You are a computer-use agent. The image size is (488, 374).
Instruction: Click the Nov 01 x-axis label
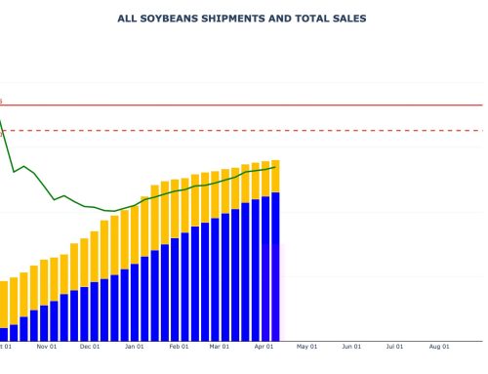46,346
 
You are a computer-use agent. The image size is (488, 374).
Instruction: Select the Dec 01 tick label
90,346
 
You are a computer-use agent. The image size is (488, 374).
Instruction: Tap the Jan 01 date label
135,346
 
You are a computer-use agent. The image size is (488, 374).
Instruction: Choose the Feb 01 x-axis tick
180,346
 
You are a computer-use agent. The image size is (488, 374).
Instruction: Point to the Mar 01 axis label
221,346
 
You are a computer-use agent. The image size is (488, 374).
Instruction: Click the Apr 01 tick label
264,346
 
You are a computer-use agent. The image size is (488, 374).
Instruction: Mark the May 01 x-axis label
308,346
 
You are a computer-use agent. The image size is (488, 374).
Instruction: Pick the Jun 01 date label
352,346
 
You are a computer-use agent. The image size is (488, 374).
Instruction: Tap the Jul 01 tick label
395,346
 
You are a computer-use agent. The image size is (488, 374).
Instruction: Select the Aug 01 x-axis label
440,346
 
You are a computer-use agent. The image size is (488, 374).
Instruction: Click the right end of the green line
276,166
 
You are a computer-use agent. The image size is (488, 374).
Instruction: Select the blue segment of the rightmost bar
276,264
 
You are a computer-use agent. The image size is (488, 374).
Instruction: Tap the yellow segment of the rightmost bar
276,176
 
